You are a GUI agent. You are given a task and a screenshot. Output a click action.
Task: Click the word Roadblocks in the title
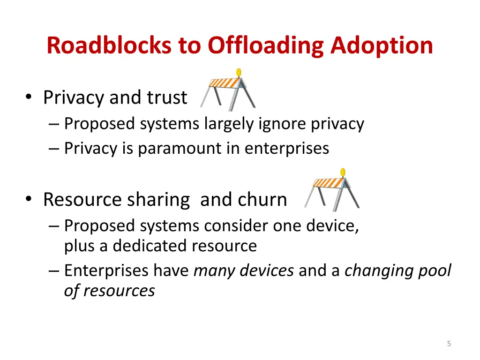pyautogui.click(x=110, y=46)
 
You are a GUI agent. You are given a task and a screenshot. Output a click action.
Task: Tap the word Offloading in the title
pyautogui.click(x=266, y=46)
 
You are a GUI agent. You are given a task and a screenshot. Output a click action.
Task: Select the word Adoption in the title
pyautogui.click(x=382, y=46)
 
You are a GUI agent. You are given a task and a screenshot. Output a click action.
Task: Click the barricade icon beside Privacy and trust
pyautogui.click(x=228, y=90)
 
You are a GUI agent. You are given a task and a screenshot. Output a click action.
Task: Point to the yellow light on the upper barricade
pyautogui.click(x=239, y=72)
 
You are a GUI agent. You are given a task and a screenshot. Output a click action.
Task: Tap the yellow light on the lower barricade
pyautogui.click(x=343, y=172)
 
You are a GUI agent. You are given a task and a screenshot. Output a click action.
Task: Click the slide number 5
pyautogui.click(x=449, y=344)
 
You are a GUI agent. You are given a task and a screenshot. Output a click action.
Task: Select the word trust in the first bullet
pyautogui.click(x=167, y=97)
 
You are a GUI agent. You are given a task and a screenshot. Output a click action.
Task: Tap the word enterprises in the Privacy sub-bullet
pyautogui.click(x=287, y=148)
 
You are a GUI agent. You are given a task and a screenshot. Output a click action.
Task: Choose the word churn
pyautogui.click(x=262, y=200)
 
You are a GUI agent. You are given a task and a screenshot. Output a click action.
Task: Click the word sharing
pyautogui.click(x=159, y=200)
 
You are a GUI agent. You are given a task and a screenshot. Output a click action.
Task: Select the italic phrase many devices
pyautogui.click(x=244, y=270)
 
